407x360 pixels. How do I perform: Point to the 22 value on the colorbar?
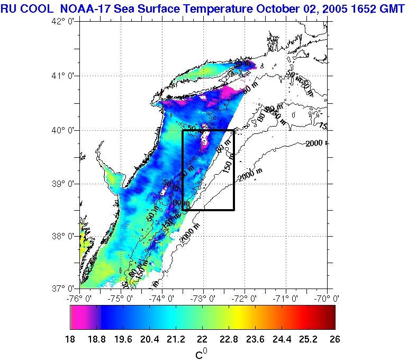tap(202, 339)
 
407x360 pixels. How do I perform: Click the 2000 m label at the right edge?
tap(316, 143)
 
